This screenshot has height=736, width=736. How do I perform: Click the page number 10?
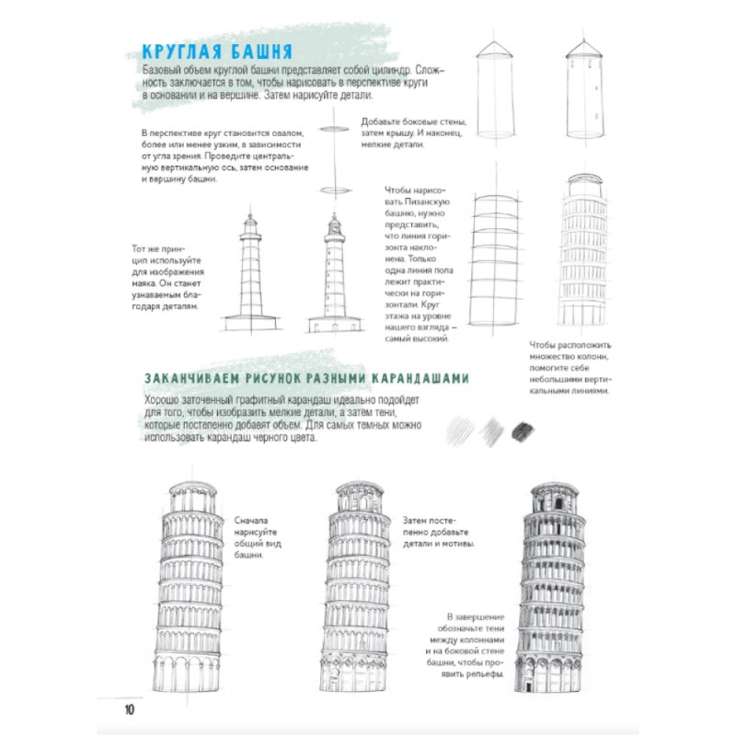click(130, 709)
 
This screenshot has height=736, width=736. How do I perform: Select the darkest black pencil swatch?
click(523, 431)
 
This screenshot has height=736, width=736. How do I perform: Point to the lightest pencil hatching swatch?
click(459, 431)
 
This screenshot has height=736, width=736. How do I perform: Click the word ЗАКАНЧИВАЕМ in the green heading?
click(193, 378)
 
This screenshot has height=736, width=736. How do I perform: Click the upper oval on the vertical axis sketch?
click(334, 129)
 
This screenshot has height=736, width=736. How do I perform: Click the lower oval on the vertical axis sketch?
click(336, 190)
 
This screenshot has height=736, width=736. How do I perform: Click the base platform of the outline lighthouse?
click(250, 323)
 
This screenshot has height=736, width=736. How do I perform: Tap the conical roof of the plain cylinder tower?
click(494, 49)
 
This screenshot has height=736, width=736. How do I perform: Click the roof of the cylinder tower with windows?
click(584, 49)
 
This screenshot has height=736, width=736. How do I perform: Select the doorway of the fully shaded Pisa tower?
click(528, 686)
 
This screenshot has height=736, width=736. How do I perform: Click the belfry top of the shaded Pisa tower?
click(555, 499)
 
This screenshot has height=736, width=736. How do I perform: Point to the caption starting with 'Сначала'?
click(258, 537)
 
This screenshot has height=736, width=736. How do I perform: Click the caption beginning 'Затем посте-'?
click(439, 532)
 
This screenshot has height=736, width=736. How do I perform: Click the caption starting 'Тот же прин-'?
click(168, 278)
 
